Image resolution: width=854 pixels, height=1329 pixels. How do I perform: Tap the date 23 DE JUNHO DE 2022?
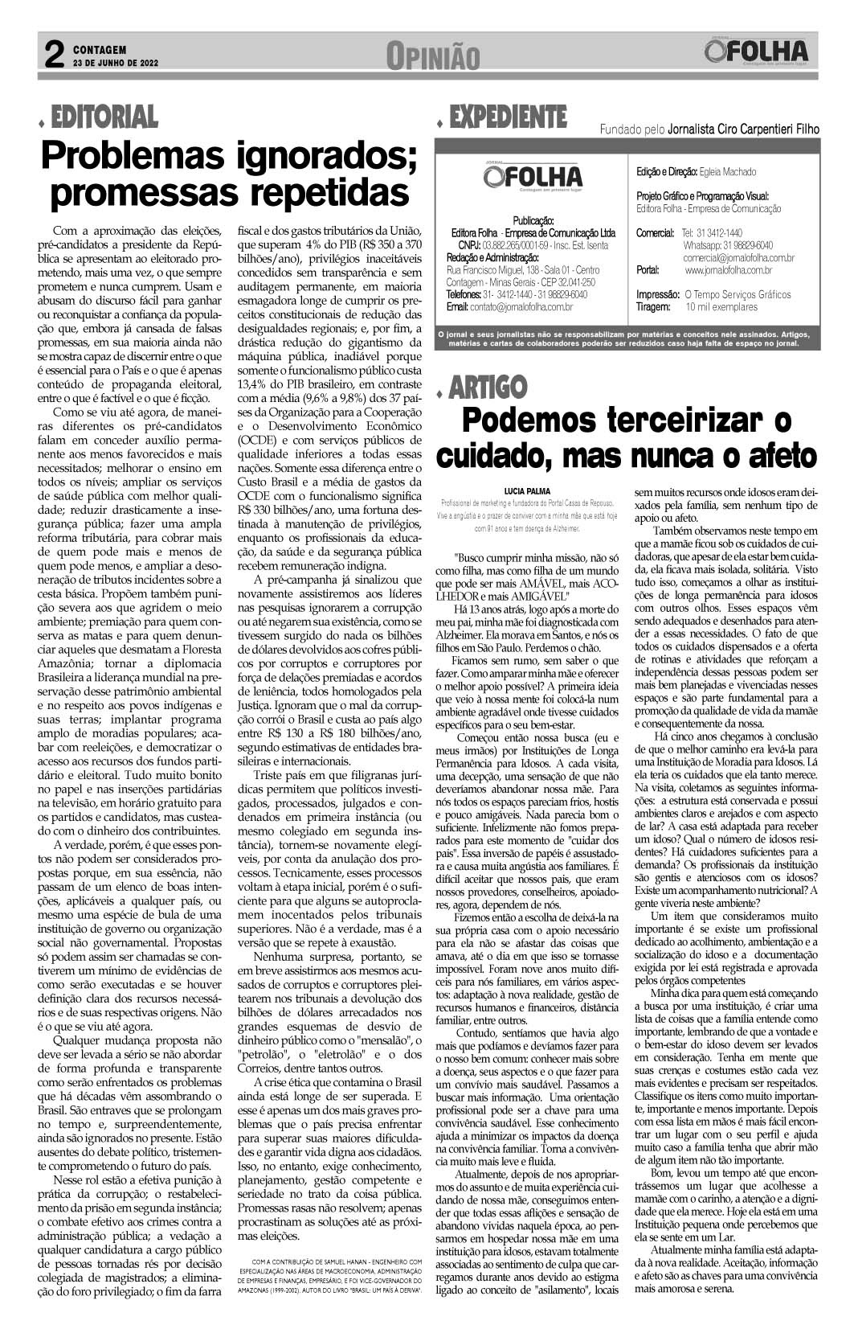click(116, 61)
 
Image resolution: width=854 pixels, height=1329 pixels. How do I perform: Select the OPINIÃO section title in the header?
click(432, 56)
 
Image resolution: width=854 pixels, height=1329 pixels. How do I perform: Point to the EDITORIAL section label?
click(103, 117)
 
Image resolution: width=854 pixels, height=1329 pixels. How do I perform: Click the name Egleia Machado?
click(727, 172)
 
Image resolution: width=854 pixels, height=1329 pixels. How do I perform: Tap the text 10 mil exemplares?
click(721, 306)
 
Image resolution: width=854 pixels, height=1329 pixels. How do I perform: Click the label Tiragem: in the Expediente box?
click(653, 306)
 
